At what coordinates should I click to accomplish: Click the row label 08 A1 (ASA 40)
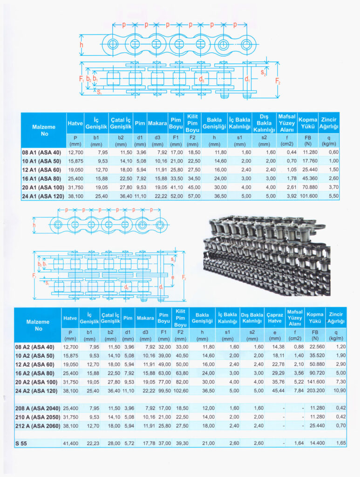click(x=41, y=152)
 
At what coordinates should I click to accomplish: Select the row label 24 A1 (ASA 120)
click(x=43, y=196)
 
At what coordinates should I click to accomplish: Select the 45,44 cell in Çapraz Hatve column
click(x=276, y=390)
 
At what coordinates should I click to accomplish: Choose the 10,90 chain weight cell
click(x=337, y=390)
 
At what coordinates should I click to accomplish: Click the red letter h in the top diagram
click(x=82, y=45)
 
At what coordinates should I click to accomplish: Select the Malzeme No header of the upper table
click(x=43, y=130)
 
